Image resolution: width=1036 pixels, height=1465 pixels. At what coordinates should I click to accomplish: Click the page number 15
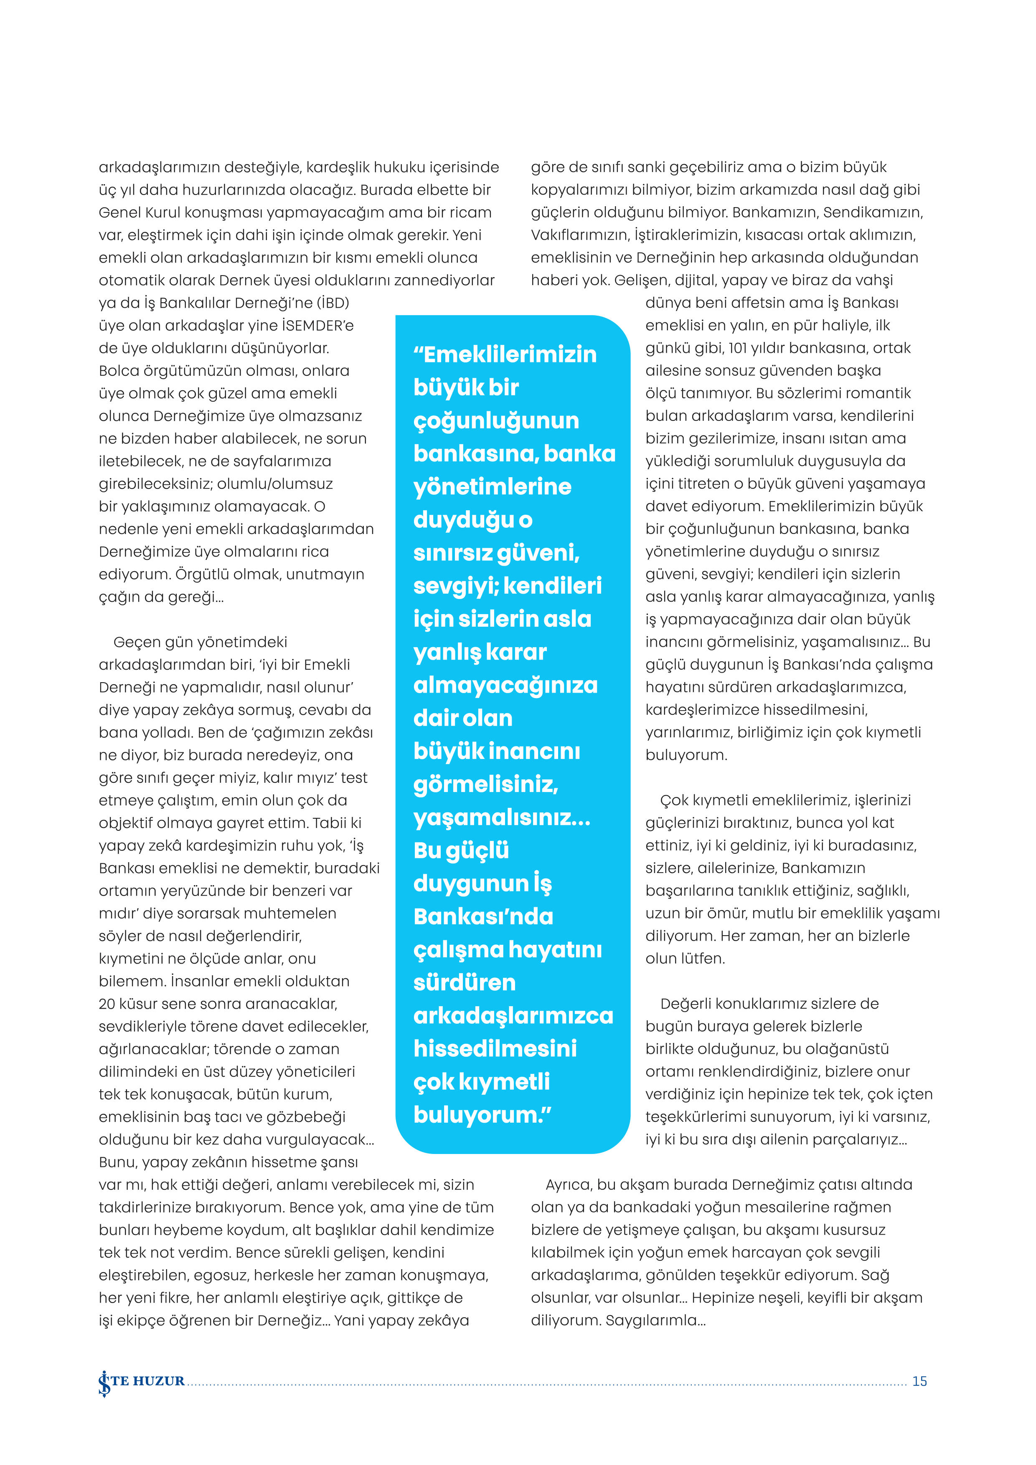pos(919,1381)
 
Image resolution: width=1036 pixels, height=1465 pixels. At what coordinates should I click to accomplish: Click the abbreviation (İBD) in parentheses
pos(333,303)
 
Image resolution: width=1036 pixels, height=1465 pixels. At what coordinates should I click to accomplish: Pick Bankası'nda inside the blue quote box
pos(483,916)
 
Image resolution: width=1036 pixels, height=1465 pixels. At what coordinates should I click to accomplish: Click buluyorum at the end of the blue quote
pos(478,1115)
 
